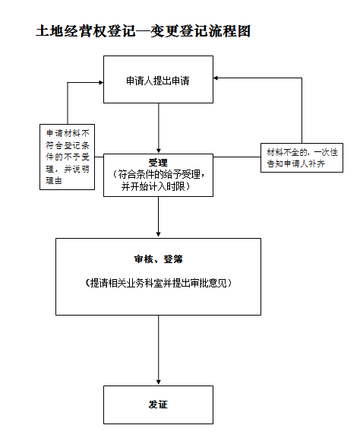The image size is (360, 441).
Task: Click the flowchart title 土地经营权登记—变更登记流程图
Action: [x=143, y=31]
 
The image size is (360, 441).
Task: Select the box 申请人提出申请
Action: [x=158, y=79]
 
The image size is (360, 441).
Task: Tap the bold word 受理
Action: [x=158, y=163]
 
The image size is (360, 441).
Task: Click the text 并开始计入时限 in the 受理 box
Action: [x=156, y=186]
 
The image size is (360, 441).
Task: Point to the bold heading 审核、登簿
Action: [x=158, y=259]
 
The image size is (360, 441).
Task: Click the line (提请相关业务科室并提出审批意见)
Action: [x=158, y=283]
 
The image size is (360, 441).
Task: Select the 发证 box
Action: [x=158, y=405]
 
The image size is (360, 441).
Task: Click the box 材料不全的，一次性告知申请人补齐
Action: [x=302, y=158]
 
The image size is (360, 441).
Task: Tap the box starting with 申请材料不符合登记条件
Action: [x=67, y=157]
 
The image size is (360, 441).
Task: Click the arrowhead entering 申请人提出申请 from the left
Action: [x=101, y=82]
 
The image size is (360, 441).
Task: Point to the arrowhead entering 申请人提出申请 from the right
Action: [x=216, y=78]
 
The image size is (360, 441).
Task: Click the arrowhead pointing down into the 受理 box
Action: [x=159, y=151]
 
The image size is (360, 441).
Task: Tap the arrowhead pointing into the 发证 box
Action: [x=159, y=382]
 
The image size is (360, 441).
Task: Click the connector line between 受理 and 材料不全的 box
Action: [x=237, y=157]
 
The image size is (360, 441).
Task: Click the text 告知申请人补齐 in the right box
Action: [x=296, y=163]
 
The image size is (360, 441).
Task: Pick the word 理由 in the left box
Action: [x=54, y=180]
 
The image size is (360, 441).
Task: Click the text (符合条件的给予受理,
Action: [x=159, y=175]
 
